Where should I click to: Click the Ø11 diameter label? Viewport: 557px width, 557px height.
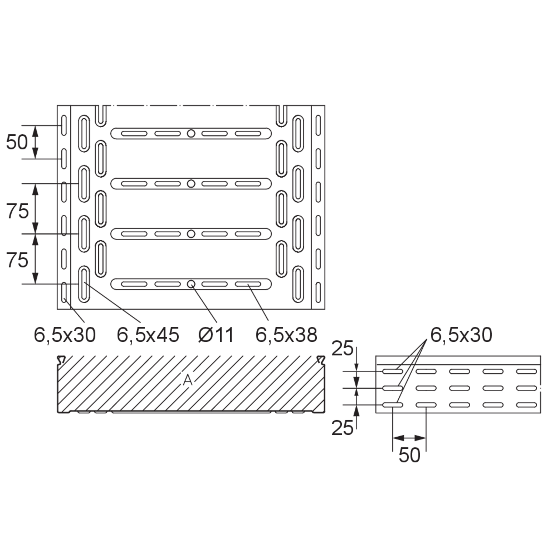pos(216,335)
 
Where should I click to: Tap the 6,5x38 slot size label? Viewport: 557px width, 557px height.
pos(286,335)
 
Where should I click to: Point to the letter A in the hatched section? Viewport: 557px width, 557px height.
pos(188,380)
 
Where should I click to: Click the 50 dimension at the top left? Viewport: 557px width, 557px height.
pos(17,142)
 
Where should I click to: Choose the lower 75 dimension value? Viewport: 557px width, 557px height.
pos(18,260)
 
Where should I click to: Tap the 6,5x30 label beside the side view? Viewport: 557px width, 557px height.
pos(461,335)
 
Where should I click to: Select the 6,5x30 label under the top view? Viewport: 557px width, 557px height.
pos(64,335)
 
